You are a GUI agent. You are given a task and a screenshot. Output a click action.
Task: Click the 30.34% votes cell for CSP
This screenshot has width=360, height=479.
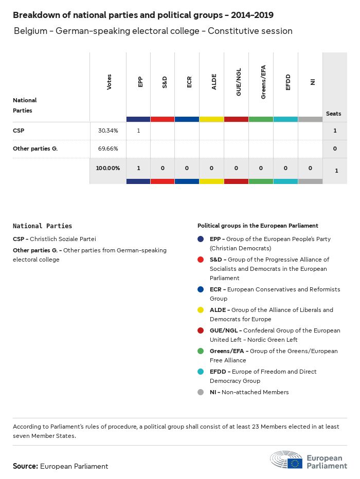pos(108,131)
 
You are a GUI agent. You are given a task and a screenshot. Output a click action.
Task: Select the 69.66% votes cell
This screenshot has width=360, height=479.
pos(108,149)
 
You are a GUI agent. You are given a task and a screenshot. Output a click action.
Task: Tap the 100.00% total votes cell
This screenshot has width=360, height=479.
pos(108,168)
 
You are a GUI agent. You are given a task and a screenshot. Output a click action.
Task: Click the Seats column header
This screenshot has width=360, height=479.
pos(334,114)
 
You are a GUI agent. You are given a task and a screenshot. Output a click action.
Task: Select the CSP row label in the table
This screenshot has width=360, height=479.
pos(19,131)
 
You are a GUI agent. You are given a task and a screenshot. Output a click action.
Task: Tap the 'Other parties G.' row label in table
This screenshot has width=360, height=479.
pos(35,149)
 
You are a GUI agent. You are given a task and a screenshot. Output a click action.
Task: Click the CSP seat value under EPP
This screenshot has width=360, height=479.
pos(139,131)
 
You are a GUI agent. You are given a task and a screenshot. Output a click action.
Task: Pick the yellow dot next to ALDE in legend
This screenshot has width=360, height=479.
pos(201,310)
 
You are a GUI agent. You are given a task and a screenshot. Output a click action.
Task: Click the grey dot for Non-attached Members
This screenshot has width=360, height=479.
pos(201,392)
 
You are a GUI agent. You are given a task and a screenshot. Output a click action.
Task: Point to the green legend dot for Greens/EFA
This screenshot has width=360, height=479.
pos(201,351)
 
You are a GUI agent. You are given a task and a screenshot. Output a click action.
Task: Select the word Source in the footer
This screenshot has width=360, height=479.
pos(25,466)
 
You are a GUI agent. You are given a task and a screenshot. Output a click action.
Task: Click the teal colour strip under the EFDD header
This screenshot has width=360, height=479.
pos(285,119)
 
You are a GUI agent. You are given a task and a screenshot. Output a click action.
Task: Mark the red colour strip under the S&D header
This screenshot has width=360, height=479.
pos(163,119)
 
